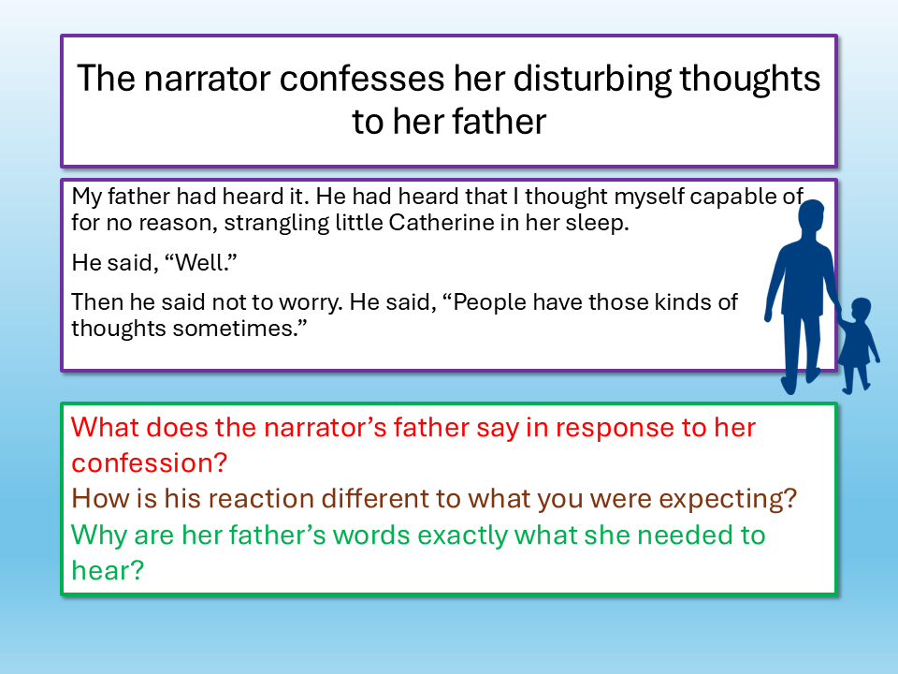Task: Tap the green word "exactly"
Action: (x=462, y=535)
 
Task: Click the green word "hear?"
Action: (x=108, y=570)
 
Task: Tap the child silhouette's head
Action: (x=861, y=310)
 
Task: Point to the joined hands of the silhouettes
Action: (x=839, y=315)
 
